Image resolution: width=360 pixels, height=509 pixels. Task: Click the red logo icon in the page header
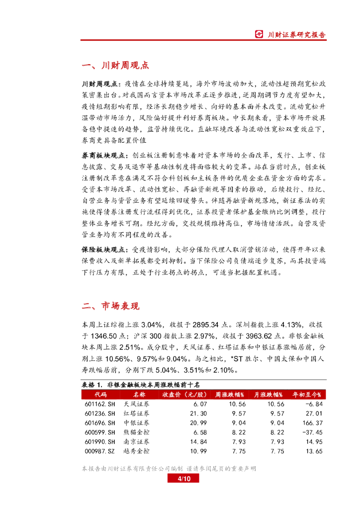coord(259,34)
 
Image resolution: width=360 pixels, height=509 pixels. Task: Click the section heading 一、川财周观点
coord(115,66)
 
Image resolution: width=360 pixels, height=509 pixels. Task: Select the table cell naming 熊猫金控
coord(136,432)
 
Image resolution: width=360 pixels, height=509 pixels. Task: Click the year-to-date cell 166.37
coord(313,423)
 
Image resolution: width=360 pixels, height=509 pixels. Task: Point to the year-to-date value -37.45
coord(312,432)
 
